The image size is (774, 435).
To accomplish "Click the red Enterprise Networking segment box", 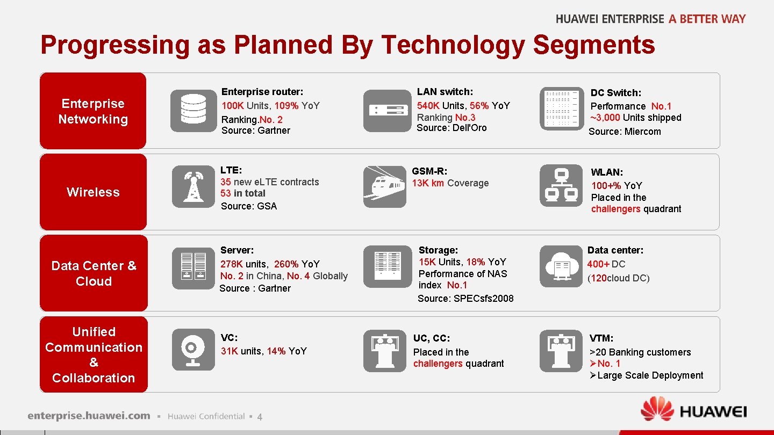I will pyautogui.click(x=93, y=111).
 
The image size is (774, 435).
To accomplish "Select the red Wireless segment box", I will pyautogui.click(x=93, y=192).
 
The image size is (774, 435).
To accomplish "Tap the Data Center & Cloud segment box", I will pyautogui.click(x=94, y=273).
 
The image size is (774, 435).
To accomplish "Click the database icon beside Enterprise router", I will pyautogui.click(x=193, y=111).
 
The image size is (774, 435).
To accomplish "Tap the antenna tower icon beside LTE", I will pyautogui.click(x=193, y=186).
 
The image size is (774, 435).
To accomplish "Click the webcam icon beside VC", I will pyautogui.click(x=193, y=350).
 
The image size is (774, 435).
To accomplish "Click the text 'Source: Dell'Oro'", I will pyautogui.click(x=451, y=128).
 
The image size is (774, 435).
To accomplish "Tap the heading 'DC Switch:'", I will pyautogui.click(x=616, y=93).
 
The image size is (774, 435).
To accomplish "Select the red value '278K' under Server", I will pyautogui.click(x=232, y=264).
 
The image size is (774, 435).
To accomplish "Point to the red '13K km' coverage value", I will pyautogui.click(x=428, y=183).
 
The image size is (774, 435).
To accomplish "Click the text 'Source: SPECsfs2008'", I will pyautogui.click(x=465, y=299).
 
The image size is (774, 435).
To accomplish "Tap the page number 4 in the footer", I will pyautogui.click(x=260, y=417).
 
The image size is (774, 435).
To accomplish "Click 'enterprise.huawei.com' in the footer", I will pyautogui.click(x=89, y=416).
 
